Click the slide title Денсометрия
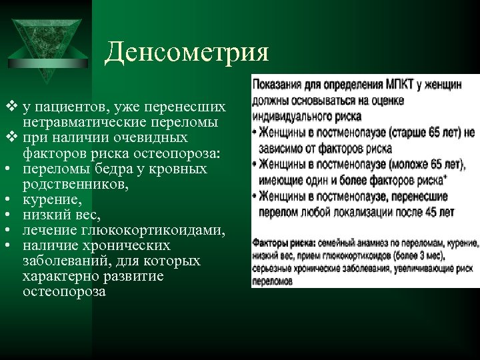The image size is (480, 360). pyautogui.click(x=187, y=51)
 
